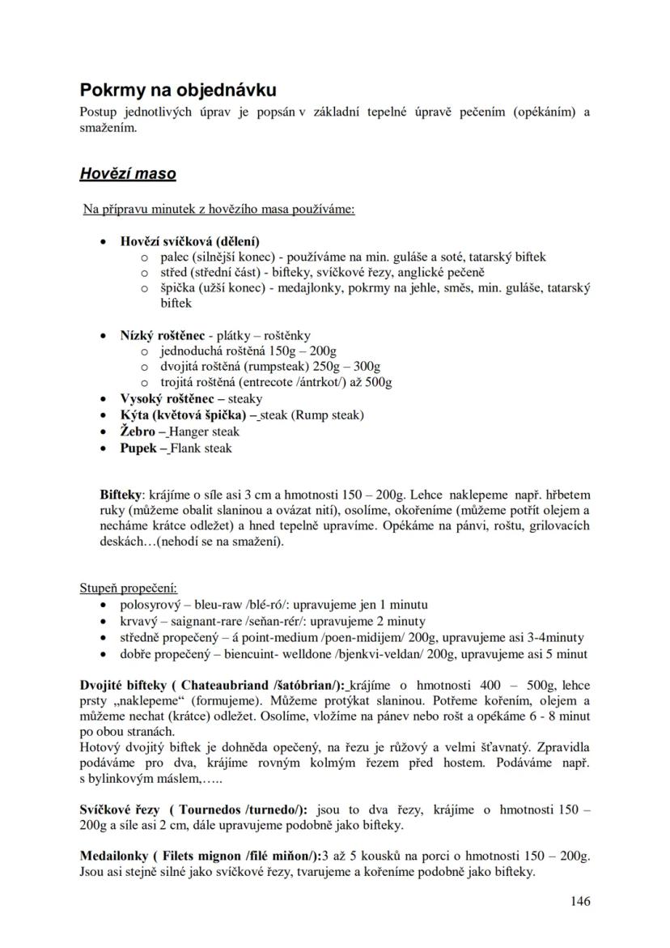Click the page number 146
click(580, 901)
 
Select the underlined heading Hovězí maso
click(128, 173)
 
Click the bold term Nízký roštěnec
click(163, 335)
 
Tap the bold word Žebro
click(138, 431)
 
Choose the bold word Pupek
click(138, 448)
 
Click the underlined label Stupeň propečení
click(128, 588)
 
